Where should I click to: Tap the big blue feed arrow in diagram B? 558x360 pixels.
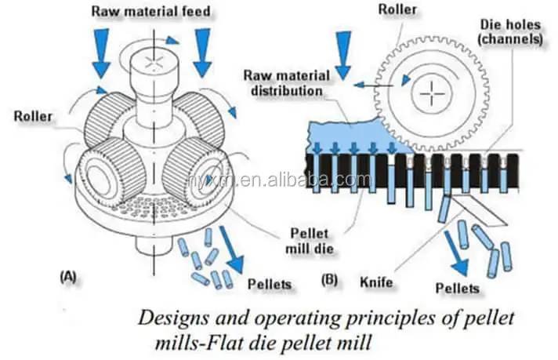pos(342,57)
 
